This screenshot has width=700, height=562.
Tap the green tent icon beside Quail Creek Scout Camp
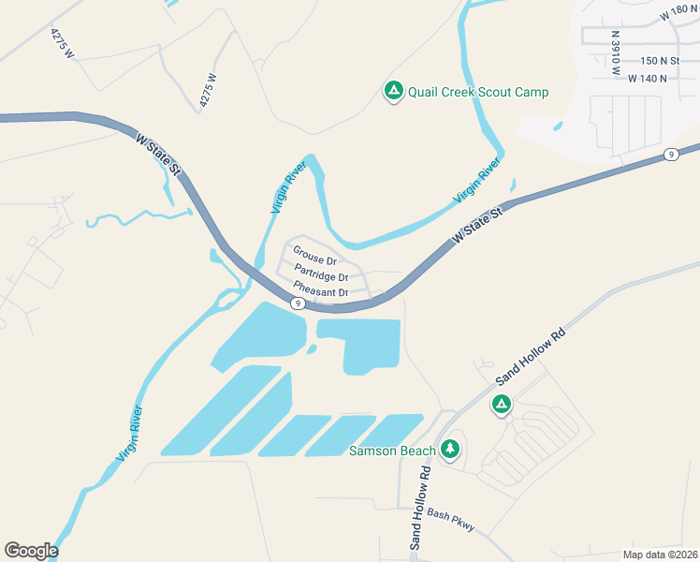tap(394, 91)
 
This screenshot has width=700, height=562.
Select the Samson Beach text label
tap(391, 451)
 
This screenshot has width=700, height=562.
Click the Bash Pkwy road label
tap(450, 520)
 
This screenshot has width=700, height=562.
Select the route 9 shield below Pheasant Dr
tap(296, 303)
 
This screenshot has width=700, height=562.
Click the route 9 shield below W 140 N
tap(671, 155)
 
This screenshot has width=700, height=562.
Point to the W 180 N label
tap(678, 14)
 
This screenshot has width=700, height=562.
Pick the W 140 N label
tap(648, 78)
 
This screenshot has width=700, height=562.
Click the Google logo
tap(31, 551)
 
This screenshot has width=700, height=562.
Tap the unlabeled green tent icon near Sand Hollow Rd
tap(502, 405)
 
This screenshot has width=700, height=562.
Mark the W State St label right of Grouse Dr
tap(478, 227)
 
